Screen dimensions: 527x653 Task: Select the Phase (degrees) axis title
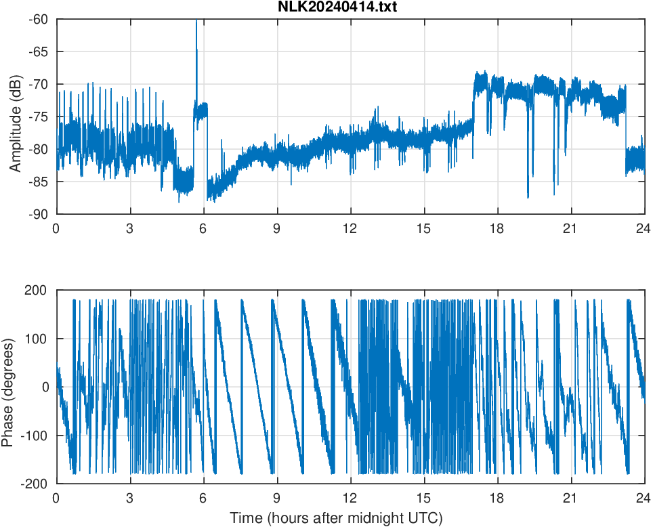(8, 387)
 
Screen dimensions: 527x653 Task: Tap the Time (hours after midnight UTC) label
(336, 518)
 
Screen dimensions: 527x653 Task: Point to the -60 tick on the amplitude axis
(37, 19)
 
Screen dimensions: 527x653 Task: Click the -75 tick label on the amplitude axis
(37, 117)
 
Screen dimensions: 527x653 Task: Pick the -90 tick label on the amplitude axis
(37, 214)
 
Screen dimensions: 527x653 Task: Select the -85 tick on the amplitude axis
(37, 182)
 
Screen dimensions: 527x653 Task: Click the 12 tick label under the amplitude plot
(350, 229)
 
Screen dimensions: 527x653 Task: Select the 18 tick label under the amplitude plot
(497, 229)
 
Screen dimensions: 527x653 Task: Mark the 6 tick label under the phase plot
(203, 498)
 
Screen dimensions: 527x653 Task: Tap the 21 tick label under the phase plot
(571, 498)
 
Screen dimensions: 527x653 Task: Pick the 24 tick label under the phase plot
(644, 498)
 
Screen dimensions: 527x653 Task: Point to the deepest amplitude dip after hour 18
(528, 196)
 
